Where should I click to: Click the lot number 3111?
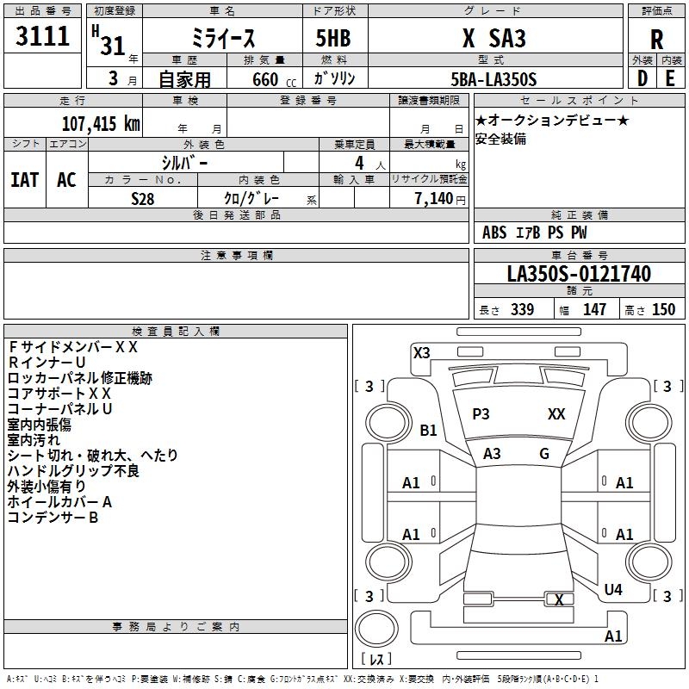point(43,38)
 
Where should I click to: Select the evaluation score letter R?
point(656,40)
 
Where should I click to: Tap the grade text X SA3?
point(493,39)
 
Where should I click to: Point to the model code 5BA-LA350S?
point(493,79)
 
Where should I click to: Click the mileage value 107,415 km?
point(102,123)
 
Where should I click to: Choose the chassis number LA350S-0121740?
point(579,274)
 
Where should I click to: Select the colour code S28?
point(144,198)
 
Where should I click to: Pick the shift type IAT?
point(24,180)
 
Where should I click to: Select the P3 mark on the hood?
point(481,414)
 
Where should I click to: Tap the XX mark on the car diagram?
point(556,414)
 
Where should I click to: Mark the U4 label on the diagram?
point(613,590)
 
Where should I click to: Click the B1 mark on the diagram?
point(429,431)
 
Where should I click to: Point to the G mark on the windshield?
point(544,454)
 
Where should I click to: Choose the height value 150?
point(663,310)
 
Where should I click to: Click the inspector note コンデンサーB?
point(53,518)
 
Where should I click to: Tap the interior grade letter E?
point(670,78)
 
